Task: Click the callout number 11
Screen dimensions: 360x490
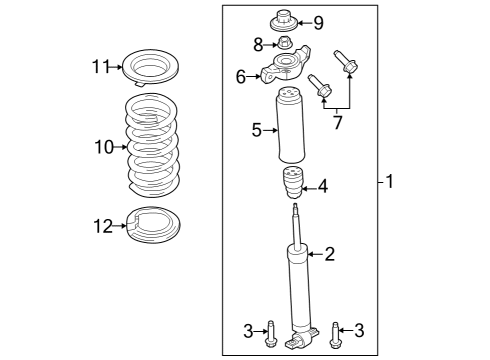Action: click(x=98, y=67)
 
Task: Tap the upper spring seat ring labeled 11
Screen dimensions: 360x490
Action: click(x=150, y=69)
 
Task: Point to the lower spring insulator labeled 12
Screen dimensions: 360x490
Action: click(x=150, y=226)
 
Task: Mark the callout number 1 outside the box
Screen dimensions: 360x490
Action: click(x=391, y=183)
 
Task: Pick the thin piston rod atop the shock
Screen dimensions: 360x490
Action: click(x=296, y=222)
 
